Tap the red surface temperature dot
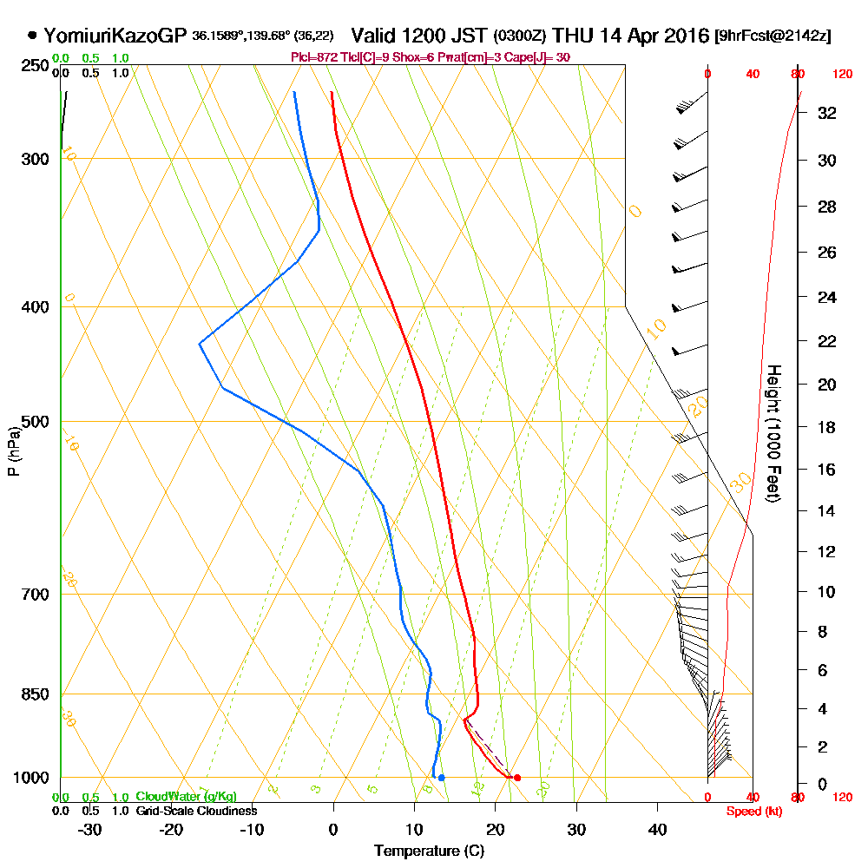517,778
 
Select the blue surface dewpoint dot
442,778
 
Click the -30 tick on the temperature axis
90,830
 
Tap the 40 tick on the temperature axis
657,830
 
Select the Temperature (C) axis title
429,852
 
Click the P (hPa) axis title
13,451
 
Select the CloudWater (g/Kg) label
186,797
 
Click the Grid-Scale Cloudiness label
195,811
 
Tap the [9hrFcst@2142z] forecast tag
772,36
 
